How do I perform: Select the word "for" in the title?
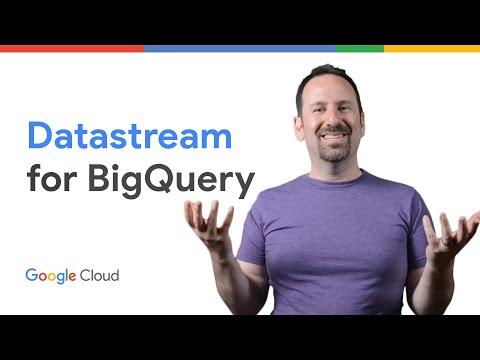coord(53,183)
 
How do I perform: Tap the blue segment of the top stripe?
coord(240,48)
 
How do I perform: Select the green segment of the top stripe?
coord(360,48)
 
